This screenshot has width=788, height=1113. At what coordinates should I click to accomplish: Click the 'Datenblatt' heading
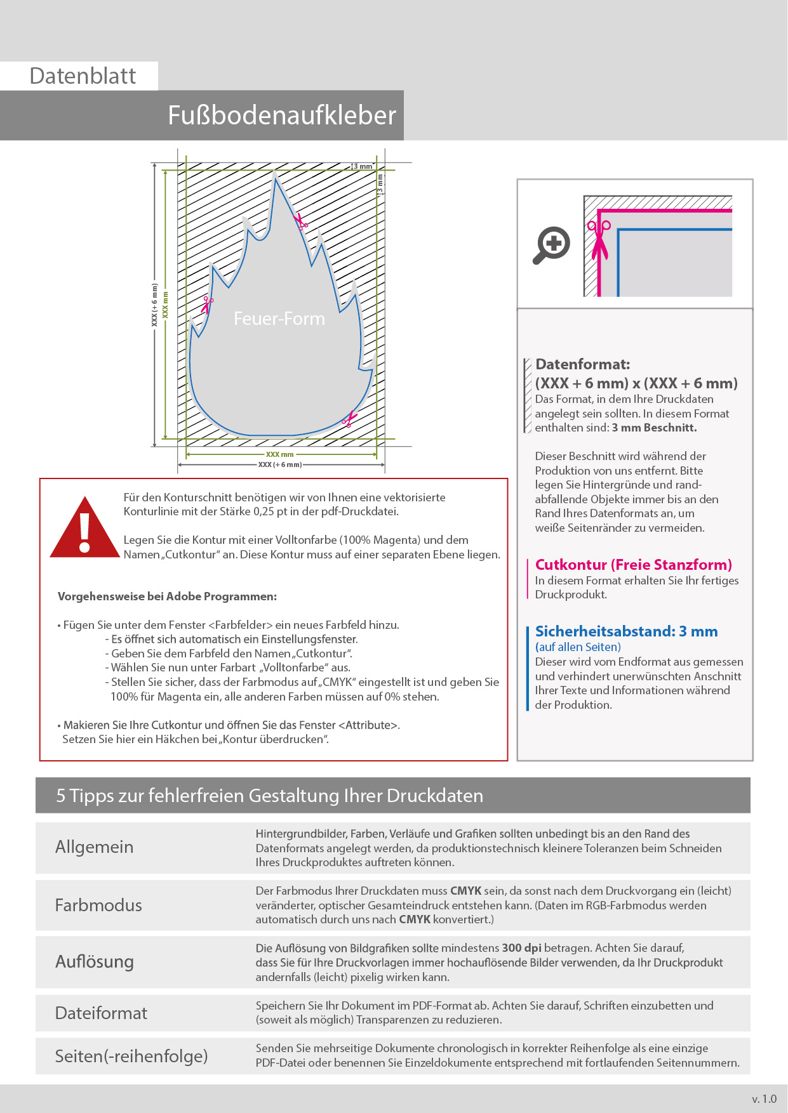tap(83, 76)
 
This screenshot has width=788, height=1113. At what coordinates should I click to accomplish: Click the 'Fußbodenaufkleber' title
tap(281, 115)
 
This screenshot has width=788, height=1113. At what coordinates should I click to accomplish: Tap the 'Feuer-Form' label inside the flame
tap(279, 319)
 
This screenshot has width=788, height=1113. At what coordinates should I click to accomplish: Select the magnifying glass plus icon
tap(551, 244)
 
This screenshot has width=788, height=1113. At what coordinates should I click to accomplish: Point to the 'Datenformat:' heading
tap(582, 364)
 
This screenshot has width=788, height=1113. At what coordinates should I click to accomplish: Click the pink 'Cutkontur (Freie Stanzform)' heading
tap(633, 565)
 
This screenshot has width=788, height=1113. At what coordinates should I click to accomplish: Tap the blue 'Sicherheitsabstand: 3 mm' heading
tap(626, 631)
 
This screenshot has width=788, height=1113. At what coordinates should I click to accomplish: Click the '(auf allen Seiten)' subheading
tap(578, 647)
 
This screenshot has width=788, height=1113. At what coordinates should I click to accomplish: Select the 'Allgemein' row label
tap(94, 847)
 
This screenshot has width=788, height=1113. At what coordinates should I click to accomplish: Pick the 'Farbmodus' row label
tap(98, 905)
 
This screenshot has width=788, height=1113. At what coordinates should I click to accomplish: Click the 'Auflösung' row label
tap(95, 961)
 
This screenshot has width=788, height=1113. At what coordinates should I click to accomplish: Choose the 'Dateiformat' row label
tap(101, 1013)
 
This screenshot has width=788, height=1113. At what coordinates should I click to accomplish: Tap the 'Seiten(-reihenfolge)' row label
tap(131, 1056)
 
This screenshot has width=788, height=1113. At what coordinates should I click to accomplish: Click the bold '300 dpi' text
tap(521, 948)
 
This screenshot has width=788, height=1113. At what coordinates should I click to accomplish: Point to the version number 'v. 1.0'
tap(764, 1099)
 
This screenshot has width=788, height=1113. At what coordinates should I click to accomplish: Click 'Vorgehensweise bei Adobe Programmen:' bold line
tap(167, 596)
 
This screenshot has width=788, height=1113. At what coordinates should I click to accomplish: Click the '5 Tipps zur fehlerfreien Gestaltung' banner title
tap(269, 796)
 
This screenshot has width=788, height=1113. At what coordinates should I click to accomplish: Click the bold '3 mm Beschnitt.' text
tap(654, 428)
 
